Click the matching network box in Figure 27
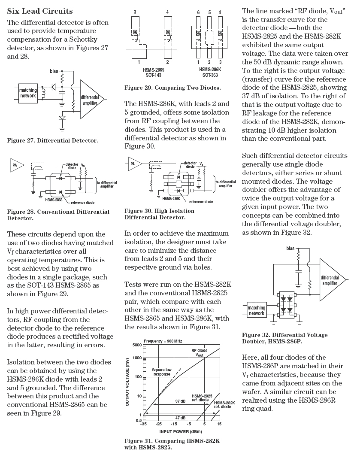pyautogui.click(x=28, y=93)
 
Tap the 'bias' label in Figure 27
pyautogui.click(x=54, y=71)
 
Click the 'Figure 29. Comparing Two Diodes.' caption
pyautogui.click(x=172, y=88)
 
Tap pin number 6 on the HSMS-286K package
pyautogui.click(x=198, y=12)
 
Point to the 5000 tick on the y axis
pyautogui.click(x=137, y=346)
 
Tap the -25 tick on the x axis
pyautogui.click(x=158, y=424)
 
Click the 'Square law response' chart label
pyautogui.click(x=162, y=372)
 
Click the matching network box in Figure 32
pyautogui.click(x=256, y=310)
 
